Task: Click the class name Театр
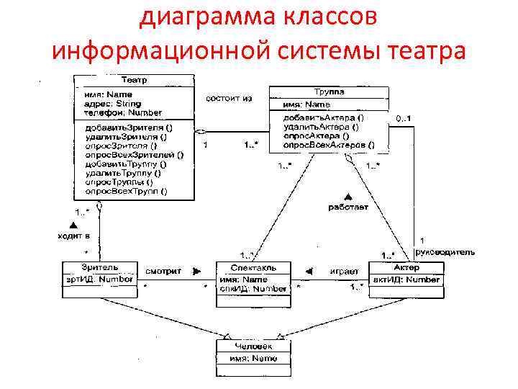[x=135, y=80]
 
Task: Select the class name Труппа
[x=329, y=92]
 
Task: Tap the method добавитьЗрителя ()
[x=129, y=127]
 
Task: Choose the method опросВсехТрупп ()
[x=126, y=191]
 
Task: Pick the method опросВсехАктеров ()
[x=328, y=145]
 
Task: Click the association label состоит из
[x=229, y=99]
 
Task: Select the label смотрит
[x=163, y=272]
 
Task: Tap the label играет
[x=344, y=272]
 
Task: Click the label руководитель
[x=445, y=252]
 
